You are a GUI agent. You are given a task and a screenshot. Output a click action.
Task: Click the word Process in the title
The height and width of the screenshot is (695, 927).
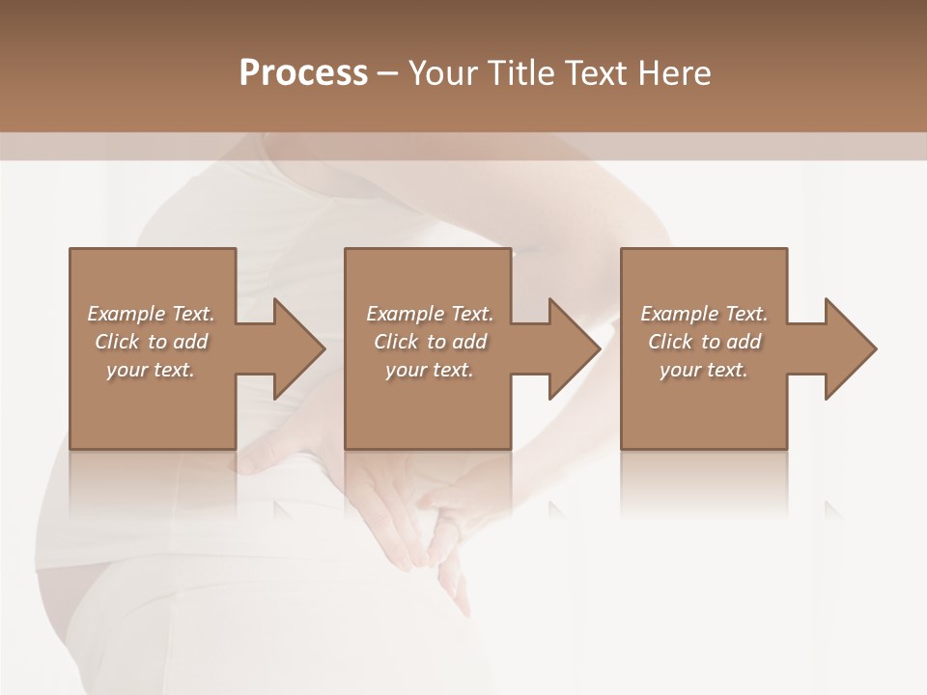click(303, 73)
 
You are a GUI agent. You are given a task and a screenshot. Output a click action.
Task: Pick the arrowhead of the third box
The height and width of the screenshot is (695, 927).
click(848, 348)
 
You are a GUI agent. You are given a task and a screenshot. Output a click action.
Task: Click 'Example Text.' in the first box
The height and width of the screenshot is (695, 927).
click(151, 314)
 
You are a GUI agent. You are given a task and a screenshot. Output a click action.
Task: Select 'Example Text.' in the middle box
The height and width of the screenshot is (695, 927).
click(430, 314)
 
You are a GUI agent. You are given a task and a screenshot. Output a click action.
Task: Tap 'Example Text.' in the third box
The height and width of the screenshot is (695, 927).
click(704, 314)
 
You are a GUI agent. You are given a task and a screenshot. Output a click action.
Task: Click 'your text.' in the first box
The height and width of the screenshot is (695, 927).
click(151, 370)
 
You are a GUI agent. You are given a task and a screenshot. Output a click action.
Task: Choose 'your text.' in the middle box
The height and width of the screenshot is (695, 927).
click(430, 370)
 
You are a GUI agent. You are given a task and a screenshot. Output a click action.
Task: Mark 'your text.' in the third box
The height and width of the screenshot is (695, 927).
click(704, 370)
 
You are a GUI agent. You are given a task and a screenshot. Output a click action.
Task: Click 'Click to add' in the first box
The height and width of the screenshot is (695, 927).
click(151, 342)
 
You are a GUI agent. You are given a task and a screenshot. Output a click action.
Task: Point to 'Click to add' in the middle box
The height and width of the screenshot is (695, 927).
click(430, 342)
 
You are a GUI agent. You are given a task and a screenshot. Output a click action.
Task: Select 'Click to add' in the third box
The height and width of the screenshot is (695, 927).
click(704, 342)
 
